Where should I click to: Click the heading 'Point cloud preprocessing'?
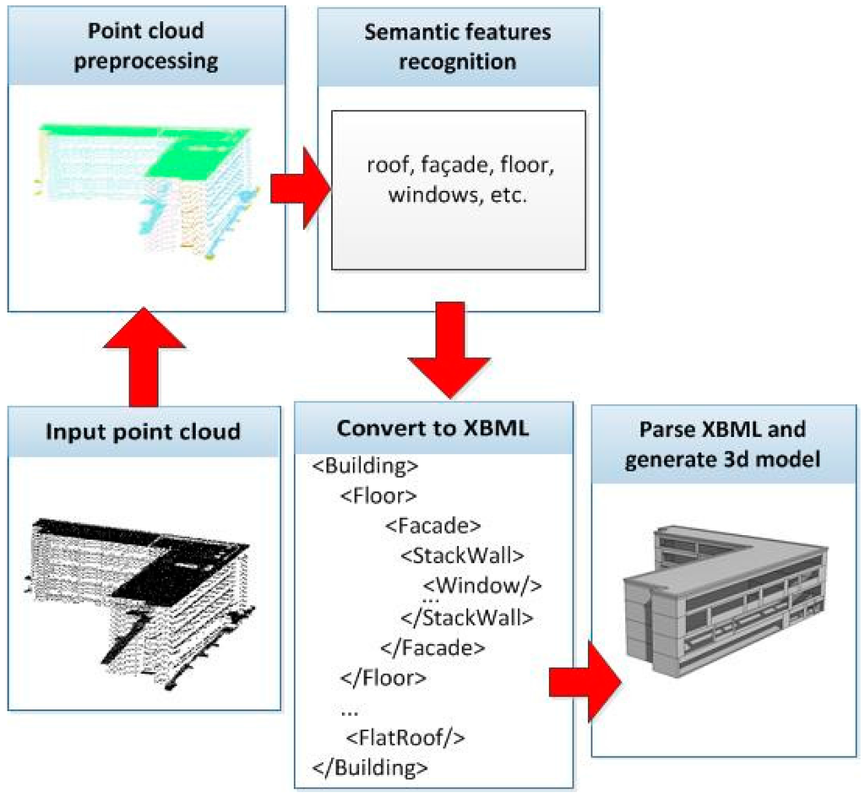tap(145, 46)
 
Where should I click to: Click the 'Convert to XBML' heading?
tap(432, 427)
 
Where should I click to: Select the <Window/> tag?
tap(481, 585)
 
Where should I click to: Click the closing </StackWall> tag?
tap(466, 616)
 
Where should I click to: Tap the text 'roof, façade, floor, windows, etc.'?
tap(458, 182)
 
